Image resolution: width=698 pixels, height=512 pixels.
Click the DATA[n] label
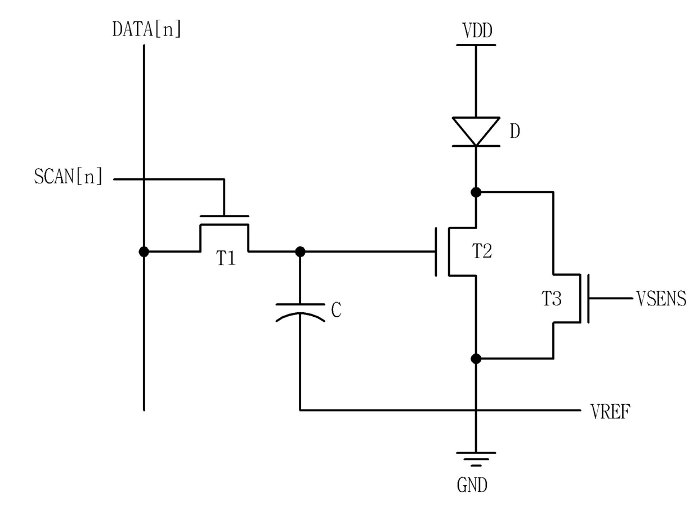(147, 30)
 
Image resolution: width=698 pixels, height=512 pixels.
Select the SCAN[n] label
(68, 176)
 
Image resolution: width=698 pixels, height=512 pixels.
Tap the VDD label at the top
(477, 31)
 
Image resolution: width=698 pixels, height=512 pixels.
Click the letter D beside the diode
(514, 131)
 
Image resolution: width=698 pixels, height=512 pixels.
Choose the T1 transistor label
(226, 258)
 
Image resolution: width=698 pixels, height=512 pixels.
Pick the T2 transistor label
(482, 251)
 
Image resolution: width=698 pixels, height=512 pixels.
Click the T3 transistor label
(552, 298)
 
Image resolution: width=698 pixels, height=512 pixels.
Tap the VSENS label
(661, 298)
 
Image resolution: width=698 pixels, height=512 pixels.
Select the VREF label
(610, 411)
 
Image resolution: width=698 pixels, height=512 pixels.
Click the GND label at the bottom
(472, 485)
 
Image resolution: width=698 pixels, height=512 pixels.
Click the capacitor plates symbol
(300, 312)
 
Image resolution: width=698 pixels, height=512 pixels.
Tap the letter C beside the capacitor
(336, 310)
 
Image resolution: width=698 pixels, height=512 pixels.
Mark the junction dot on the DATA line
(144, 251)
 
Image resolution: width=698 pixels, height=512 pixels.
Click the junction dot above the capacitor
(300, 251)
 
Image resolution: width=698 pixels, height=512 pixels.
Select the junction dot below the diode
(476, 192)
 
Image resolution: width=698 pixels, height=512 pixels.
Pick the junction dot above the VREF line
(476, 359)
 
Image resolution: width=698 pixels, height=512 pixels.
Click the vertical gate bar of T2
(436, 251)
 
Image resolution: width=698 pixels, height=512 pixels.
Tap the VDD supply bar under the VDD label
(476, 45)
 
